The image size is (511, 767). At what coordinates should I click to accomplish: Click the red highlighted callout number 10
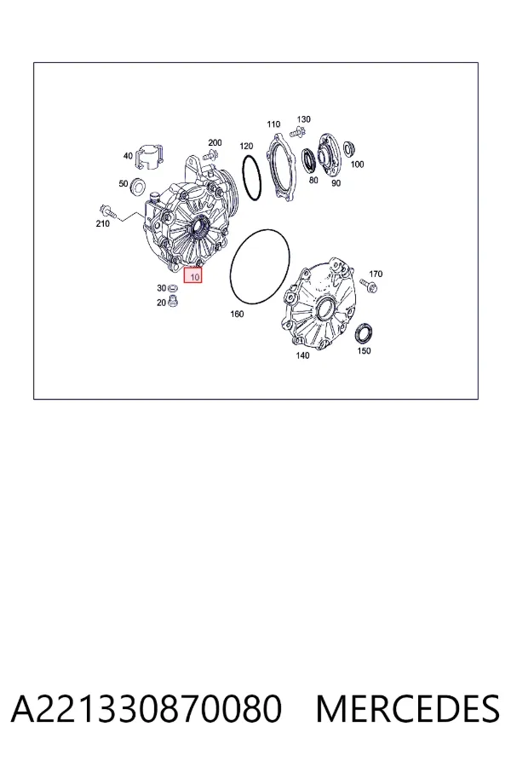(192, 275)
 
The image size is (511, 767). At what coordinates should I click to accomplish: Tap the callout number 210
(102, 223)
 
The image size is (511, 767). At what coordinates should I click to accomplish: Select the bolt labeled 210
(107, 210)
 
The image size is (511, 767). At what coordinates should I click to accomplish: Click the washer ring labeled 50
(138, 187)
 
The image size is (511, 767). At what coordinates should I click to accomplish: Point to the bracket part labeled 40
(149, 157)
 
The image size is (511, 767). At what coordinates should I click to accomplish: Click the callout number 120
(246, 147)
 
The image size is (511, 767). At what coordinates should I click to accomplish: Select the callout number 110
(273, 124)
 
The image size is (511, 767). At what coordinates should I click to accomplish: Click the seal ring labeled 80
(309, 161)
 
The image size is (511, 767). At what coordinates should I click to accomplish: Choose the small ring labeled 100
(348, 148)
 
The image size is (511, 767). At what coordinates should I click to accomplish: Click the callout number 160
(237, 314)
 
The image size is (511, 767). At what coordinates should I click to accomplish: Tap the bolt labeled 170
(368, 285)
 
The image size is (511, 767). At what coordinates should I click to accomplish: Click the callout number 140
(302, 355)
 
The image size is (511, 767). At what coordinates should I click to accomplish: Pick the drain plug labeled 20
(172, 301)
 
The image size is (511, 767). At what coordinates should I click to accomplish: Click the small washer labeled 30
(173, 288)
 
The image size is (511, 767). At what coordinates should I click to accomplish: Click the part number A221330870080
(146, 709)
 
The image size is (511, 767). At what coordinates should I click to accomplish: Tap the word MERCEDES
(408, 709)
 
